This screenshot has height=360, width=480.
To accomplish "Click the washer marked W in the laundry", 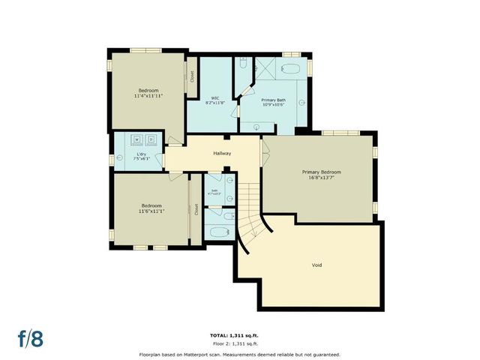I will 137,139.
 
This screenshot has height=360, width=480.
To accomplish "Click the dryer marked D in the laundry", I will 151,139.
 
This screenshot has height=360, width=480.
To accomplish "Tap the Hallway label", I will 222,154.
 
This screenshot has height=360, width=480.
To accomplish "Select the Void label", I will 317,265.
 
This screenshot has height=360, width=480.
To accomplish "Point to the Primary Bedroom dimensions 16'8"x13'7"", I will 321,178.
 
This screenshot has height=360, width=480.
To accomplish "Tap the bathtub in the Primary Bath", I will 290,69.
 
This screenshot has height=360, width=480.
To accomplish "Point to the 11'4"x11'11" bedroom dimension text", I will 148,96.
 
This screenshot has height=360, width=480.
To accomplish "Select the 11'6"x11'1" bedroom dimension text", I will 152,211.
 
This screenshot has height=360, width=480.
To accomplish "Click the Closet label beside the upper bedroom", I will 192,76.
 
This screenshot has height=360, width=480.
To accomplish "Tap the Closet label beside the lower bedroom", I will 196,210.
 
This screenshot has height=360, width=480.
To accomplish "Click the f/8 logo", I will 31,337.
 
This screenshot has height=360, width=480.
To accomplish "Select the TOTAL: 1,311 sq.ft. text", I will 239,334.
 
